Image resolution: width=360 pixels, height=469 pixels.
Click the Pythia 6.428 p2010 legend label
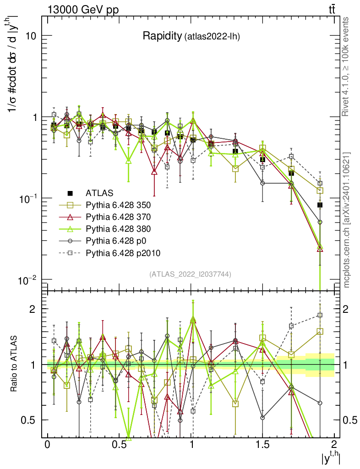tap(122, 252)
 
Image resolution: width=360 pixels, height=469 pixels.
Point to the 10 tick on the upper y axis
tap(30, 36)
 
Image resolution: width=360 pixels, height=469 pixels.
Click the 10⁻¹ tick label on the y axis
tap(27, 198)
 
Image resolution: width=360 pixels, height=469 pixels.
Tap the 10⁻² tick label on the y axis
tap(27, 279)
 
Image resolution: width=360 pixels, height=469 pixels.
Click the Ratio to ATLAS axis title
tap(15, 364)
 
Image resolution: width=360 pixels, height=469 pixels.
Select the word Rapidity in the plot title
tap(162, 36)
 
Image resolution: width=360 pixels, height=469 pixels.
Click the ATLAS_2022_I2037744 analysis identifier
tap(190, 274)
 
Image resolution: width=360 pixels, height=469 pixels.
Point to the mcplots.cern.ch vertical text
tap(347, 220)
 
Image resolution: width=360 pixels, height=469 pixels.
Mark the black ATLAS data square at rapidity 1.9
tap(320, 205)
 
